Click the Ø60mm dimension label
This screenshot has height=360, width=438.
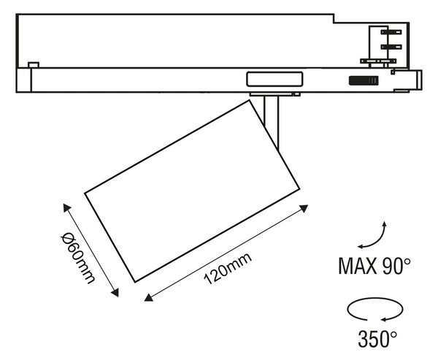78,258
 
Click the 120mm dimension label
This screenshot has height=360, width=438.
228,269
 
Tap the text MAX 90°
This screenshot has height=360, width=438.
374,266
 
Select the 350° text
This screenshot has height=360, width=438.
377,339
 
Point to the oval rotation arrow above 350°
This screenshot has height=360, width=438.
375,309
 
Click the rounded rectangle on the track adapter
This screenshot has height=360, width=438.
274,79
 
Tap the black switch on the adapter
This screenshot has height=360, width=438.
364,80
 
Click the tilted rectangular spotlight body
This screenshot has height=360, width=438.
192,191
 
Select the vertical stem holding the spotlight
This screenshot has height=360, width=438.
272,120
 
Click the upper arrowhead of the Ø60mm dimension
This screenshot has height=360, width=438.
66,207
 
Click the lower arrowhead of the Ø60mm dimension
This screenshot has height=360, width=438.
115,293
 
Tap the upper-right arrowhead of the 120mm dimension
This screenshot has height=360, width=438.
304,208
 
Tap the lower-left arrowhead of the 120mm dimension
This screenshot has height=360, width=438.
148,298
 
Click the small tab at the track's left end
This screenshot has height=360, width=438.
34,65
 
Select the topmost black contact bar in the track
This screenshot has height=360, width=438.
391,32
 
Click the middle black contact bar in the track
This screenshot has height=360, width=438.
391,47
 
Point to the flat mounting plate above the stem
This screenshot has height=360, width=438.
275,94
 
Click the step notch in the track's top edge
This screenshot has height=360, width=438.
334,18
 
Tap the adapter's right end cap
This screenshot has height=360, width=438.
419,80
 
